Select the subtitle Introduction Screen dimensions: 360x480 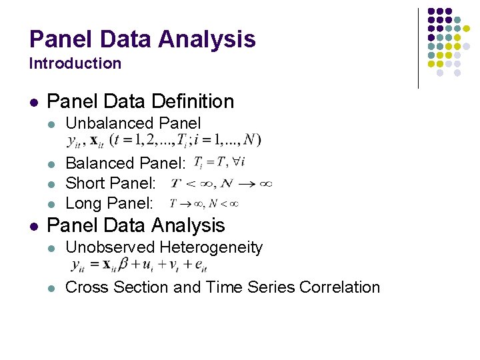pyautogui.click(x=75, y=64)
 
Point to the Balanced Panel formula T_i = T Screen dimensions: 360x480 pyautogui.click(x=219, y=162)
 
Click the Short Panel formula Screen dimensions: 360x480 pyautogui.click(x=221, y=183)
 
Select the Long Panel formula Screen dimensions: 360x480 pyautogui.click(x=203, y=203)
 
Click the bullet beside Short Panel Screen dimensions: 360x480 pyautogui.click(x=51, y=183)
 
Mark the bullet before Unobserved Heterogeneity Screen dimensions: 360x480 pyautogui.click(x=51, y=248)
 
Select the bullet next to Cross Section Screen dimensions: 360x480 pyautogui.click(x=51, y=288)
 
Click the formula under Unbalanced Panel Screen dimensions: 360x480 pyautogui.click(x=164, y=141)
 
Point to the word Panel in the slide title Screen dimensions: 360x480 pyautogui.click(x=54, y=39)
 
